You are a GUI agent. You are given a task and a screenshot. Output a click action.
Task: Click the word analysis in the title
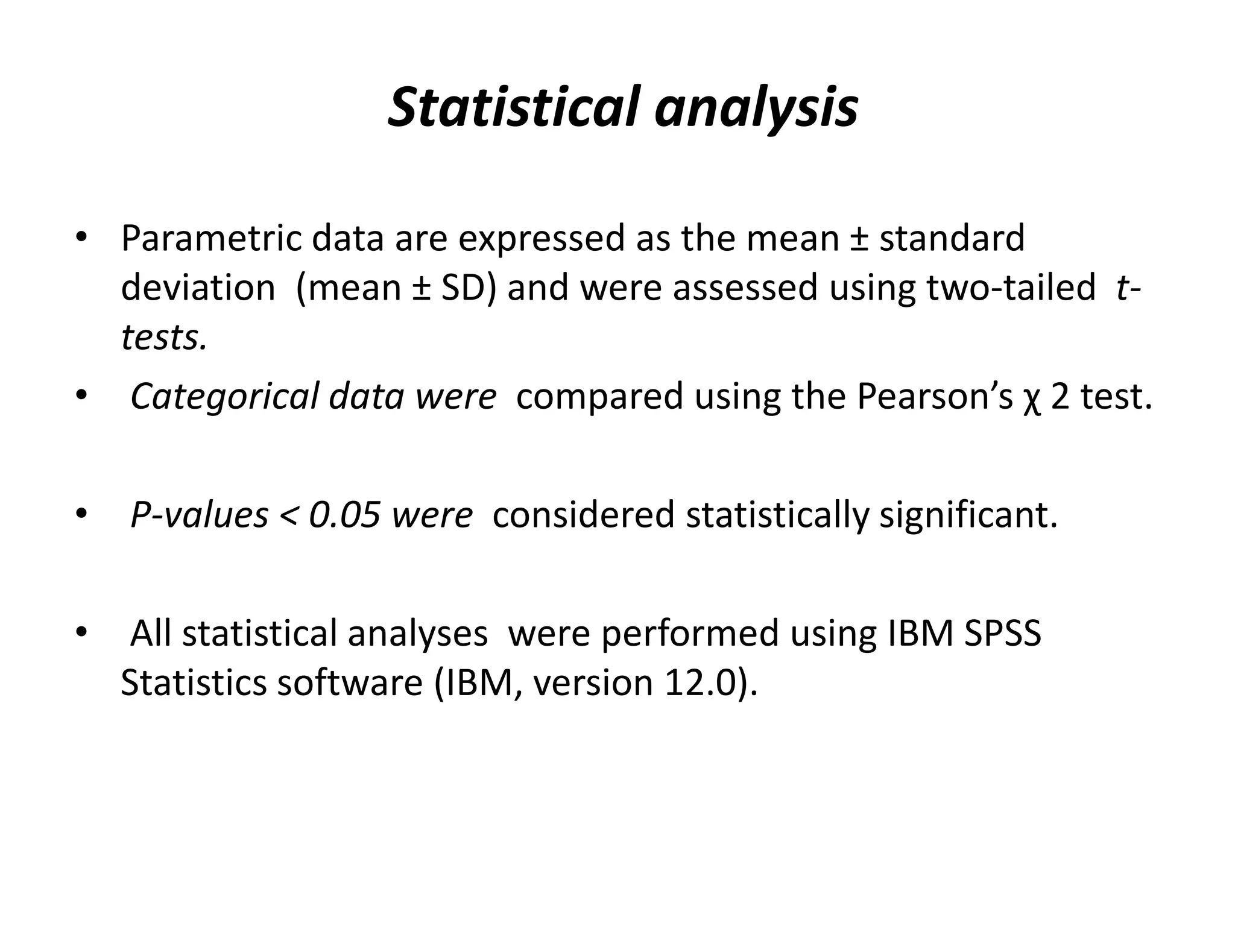coord(756,109)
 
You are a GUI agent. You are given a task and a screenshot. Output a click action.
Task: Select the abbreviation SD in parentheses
coord(463,288)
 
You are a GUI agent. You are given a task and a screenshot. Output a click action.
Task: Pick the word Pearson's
coord(935,397)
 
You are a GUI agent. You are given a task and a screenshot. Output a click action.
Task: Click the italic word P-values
coord(199,515)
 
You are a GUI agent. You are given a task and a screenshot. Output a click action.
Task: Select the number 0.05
coord(344,515)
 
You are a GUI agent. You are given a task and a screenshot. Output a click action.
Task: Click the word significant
coord(968,515)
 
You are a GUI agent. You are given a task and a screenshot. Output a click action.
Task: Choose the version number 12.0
coord(700,683)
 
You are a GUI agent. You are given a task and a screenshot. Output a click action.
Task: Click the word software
coord(350,683)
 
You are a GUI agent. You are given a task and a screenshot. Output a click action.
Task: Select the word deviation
coord(198,288)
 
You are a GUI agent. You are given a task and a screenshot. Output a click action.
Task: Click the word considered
coord(583,515)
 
